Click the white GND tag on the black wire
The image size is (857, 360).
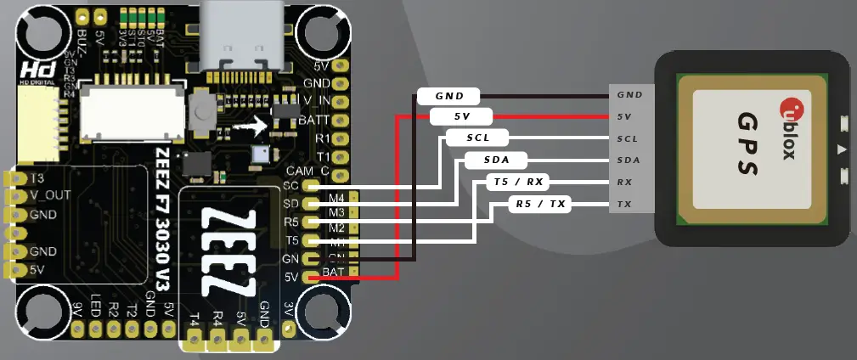point(448,95)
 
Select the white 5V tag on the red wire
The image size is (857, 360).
point(461,116)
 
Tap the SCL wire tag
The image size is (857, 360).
point(476,138)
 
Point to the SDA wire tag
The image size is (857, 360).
point(496,160)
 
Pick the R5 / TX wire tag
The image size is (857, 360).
point(540,204)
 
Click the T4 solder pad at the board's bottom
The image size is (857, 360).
point(195,340)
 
